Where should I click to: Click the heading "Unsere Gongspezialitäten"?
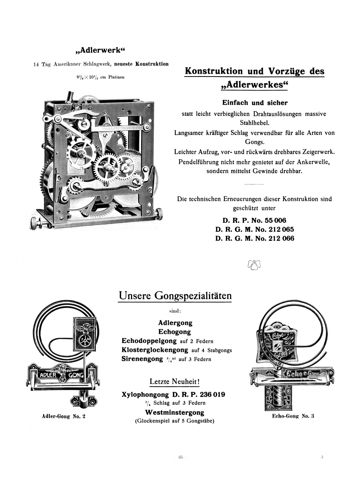pyautogui.click(x=175, y=296)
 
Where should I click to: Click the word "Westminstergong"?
pyautogui.click(x=175, y=412)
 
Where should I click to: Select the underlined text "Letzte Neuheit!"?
pyautogui.click(x=175, y=381)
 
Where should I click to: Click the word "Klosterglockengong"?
pyautogui.click(x=155, y=350)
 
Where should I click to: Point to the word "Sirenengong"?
pyautogui.click(x=142, y=359)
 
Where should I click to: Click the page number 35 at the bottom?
pyautogui.click(x=181, y=457)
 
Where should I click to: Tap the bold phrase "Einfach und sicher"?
pyautogui.click(x=254, y=103)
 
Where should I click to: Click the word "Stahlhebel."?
pyautogui.click(x=254, y=123)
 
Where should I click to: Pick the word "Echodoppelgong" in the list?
pyautogui.click(x=149, y=341)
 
